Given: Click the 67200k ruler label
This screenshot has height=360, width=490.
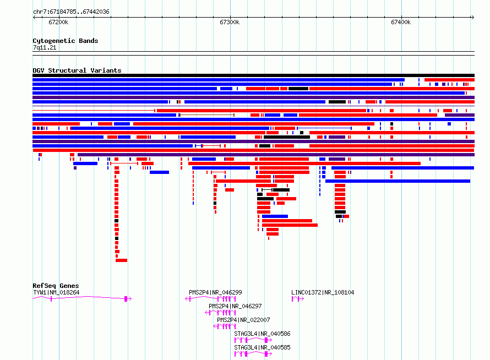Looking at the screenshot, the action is (x=58, y=22).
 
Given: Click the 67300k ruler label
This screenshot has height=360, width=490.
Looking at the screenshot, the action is (x=230, y=22).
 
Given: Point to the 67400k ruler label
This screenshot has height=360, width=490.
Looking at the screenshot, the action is (x=401, y=22).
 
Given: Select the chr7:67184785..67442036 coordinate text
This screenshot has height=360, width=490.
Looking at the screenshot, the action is (x=71, y=12).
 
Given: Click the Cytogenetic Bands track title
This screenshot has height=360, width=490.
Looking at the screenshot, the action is (x=66, y=41).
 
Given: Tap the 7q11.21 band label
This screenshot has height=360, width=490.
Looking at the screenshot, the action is (x=45, y=47).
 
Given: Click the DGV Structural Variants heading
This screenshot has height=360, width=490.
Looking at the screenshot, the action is (x=77, y=70).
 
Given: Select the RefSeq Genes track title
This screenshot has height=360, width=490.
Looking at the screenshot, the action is (x=56, y=286).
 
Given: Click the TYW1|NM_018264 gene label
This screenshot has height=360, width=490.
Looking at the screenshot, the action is (x=56, y=292).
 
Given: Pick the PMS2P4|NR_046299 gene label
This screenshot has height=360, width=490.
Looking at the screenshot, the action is (x=215, y=292).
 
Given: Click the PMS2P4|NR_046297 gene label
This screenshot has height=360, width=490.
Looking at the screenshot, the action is (x=235, y=306).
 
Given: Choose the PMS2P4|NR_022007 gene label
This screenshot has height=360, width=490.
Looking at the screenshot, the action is (x=243, y=320).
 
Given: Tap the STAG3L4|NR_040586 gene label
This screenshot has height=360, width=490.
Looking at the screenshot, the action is (x=262, y=334).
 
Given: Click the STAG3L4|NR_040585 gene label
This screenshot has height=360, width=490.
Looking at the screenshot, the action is (x=262, y=347).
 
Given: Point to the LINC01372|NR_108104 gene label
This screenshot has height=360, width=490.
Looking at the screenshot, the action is (x=323, y=292).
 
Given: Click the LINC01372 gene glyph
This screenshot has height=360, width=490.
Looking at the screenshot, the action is (x=297, y=299).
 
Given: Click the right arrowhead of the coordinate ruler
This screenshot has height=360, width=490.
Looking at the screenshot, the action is (x=473, y=18).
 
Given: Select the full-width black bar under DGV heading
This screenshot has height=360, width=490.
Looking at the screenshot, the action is (x=253, y=75).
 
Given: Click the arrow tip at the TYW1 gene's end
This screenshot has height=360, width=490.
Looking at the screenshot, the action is (x=131, y=299).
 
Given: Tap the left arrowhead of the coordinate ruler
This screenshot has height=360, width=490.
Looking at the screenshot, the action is (x=34, y=18).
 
